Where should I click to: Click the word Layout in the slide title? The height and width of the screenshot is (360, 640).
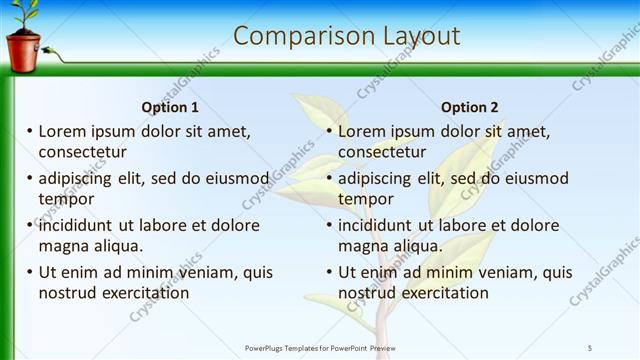(x=420, y=36)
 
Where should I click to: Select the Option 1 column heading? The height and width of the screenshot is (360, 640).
(x=171, y=107)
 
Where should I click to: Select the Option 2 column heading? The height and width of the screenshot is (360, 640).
(x=469, y=107)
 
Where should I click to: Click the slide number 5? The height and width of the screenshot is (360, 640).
(x=590, y=347)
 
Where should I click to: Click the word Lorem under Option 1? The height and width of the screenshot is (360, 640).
(x=64, y=131)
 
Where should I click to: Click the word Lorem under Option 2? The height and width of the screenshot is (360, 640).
(x=363, y=131)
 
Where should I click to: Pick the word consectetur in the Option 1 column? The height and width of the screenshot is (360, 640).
(x=82, y=152)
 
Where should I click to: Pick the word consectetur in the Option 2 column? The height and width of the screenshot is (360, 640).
(x=381, y=152)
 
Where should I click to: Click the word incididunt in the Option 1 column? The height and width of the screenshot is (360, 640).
(x=80, y=225)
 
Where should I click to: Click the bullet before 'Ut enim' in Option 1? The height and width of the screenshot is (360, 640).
(x=30, y=272)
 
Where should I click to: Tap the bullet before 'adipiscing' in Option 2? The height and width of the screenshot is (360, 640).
(x=329, y=179)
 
